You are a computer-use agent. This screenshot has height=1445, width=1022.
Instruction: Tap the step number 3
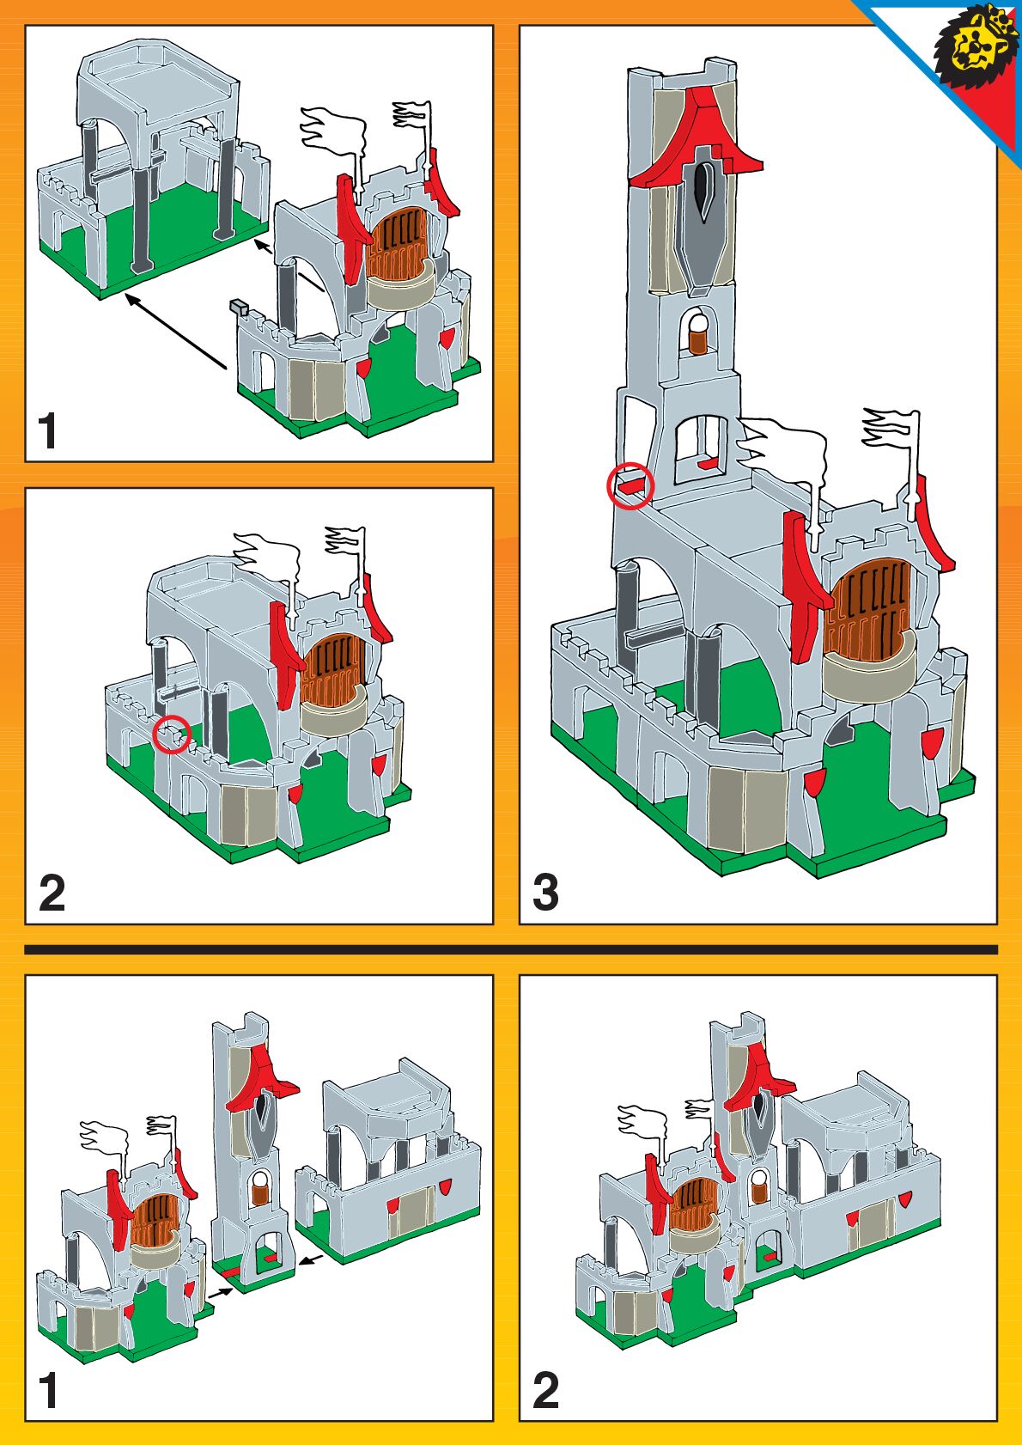tap(545, 893)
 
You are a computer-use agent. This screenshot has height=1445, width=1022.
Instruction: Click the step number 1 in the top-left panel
tap(48, 431)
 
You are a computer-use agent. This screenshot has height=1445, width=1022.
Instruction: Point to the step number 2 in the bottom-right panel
tap(545, 1391)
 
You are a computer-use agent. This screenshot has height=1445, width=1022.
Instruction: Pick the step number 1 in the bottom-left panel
tap(48, 1391)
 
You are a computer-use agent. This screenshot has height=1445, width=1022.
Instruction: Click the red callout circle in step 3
tap(630, 486)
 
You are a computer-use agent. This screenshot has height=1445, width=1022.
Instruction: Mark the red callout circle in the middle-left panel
tap(172, 735)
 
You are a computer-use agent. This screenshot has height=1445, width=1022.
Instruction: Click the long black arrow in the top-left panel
tap(176, 332)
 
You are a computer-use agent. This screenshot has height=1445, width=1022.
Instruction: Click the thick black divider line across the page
tap(511, 950)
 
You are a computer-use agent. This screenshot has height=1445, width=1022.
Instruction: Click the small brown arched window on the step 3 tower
tap(701, 336)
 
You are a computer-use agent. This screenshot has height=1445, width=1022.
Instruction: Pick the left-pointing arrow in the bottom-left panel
tap(313, 1260)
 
